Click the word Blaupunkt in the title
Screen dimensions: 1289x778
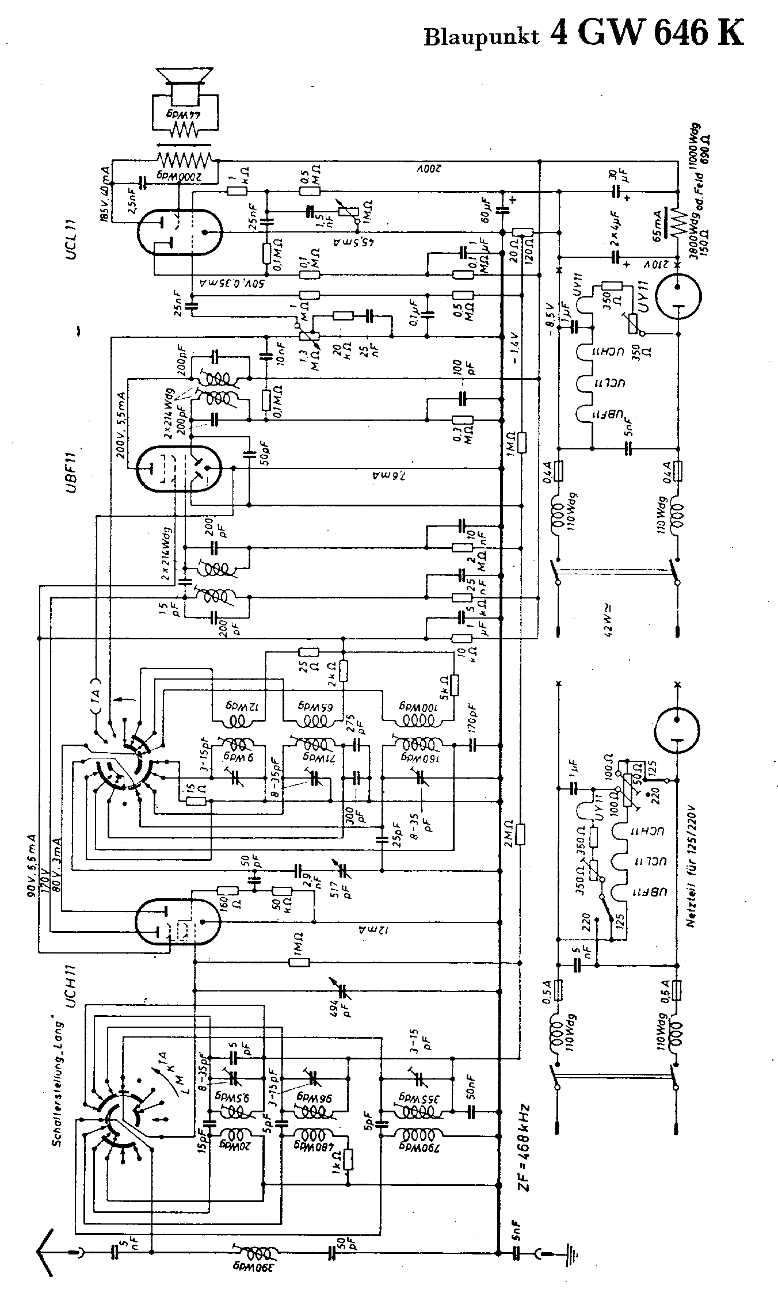pos(481,36)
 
